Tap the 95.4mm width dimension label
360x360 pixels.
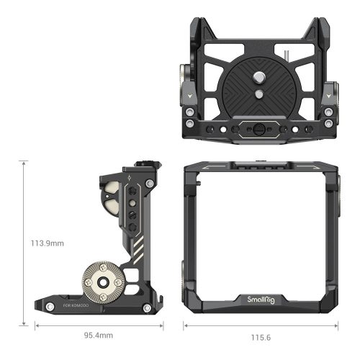(x=99, y=336)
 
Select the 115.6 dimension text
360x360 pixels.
(x=261, y=336)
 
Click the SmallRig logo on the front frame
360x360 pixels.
(x=262, y=300)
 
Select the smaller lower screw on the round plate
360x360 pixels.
(x=258, y=93)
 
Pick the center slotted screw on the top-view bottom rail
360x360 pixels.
(x=257, y=131)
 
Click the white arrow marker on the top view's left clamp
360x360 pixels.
(x=190, y=94)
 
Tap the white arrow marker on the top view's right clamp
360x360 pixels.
(x=324, y=94)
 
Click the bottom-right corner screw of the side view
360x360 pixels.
(x=147, y=308)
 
